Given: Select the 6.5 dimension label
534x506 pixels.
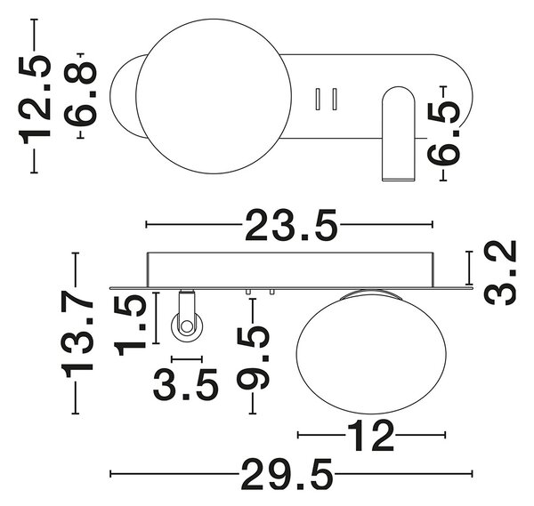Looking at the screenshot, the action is [x=444, y=133].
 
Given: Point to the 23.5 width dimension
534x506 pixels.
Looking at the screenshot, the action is [x=291, y=225].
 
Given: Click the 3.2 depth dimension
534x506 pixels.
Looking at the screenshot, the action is [x=500, y=273].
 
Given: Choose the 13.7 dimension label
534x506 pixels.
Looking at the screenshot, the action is [x=77, y=333].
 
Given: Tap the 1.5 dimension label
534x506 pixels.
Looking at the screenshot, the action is [x=130, y=325].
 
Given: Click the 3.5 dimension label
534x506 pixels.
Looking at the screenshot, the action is [x=185, y=385].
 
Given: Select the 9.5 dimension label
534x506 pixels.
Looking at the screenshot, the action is [x=253, y=357].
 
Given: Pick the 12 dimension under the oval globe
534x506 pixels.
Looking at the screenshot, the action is [x=370, y=436].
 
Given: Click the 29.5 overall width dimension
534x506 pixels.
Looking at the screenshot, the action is [x=287, y=474].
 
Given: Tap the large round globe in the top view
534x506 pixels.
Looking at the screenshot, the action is [x=214, y=96].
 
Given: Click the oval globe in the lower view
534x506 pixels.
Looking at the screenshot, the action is [x=371, y=352].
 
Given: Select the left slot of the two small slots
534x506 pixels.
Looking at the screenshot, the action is [x=318, y=99].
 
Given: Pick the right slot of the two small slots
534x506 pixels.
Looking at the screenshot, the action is [x=335, y=99].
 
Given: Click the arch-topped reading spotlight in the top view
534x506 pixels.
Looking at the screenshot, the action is [x=399, y=133].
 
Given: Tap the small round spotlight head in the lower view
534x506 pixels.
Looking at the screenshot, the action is [x=187, y=326].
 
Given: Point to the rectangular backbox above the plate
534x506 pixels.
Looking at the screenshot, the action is [x=290, y=269].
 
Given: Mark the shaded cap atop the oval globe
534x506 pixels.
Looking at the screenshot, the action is [x=371, y=295].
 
